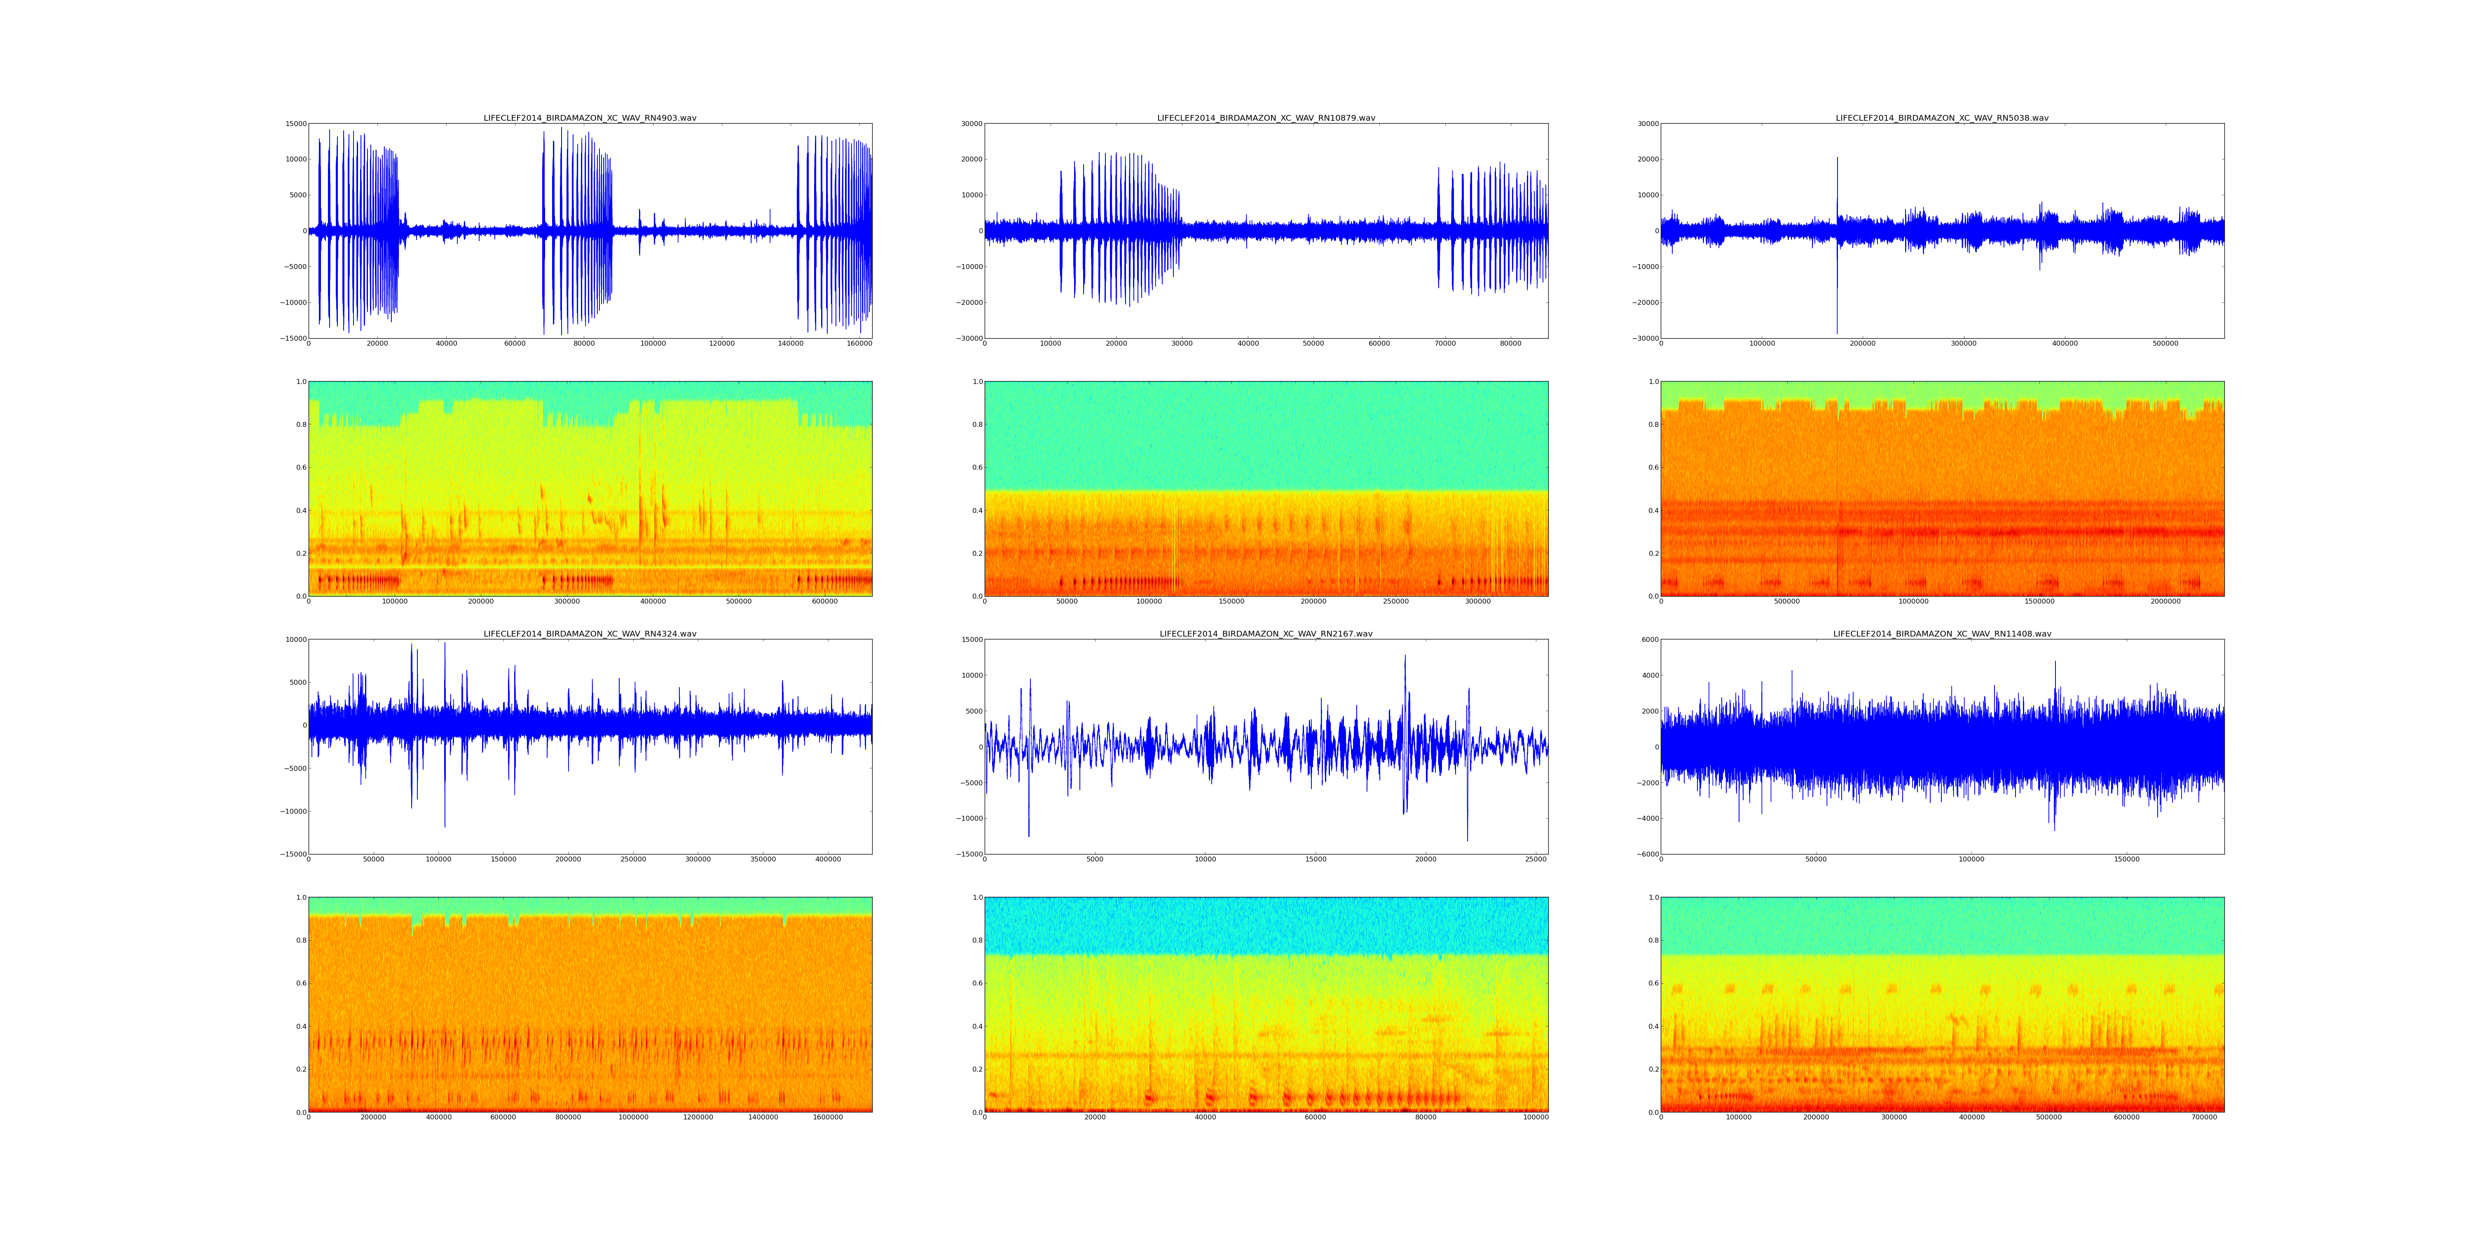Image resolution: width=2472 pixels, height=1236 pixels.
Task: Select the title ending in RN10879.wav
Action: (x=1266, y=118)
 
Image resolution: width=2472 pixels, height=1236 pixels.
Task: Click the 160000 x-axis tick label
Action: (x=859, y=344)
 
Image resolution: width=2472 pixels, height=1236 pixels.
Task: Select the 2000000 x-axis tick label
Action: (x=2166, y=602)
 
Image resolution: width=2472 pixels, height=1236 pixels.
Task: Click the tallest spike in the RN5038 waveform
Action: (x=1838, y=159)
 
